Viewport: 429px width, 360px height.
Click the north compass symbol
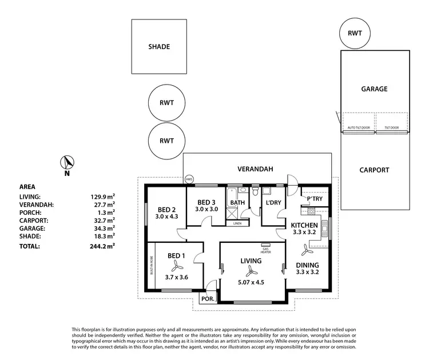click(x=66, y=163)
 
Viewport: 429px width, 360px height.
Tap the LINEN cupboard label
click(x=237, y=223)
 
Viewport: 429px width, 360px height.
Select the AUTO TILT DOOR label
click(x=358, y=127)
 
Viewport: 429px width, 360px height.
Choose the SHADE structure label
click(x=159, y=47)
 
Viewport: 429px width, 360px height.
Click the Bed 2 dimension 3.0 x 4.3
click(x=166, y=217)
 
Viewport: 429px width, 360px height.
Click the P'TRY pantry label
click(x=315, y=199)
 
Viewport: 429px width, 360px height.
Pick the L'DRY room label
click(x=272, y=203)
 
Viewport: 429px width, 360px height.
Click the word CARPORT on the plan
click(x=374, y=170)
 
